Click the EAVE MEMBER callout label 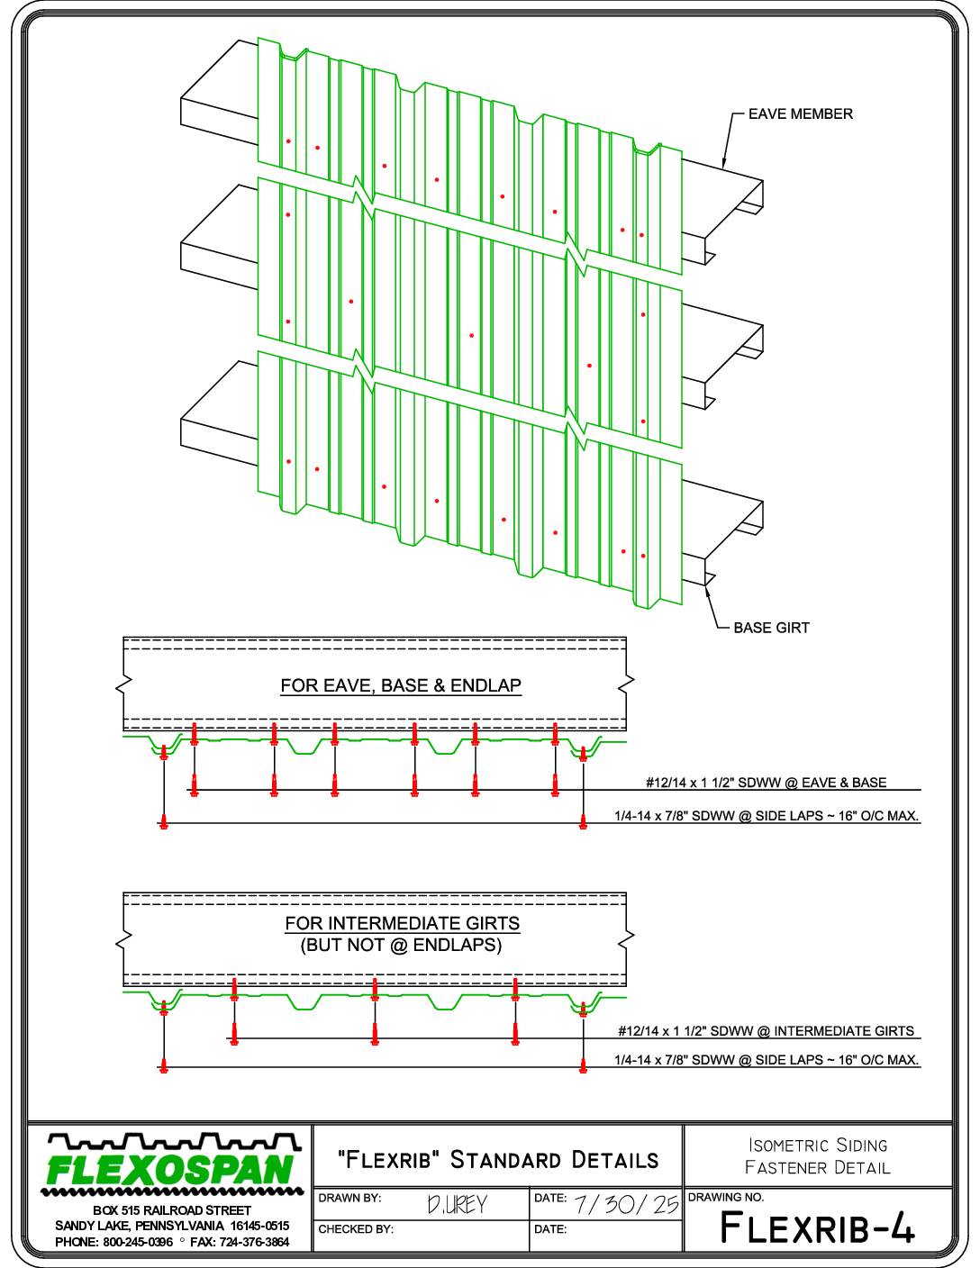coord(800,113)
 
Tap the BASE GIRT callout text coord(772,628)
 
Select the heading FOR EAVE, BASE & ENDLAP coord(401,685)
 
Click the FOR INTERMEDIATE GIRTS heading coord(402,923)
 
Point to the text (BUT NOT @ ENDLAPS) coord(401,945)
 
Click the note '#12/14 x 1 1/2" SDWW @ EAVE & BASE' coord(766,783)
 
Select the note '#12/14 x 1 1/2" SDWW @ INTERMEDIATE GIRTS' coord(766,1031)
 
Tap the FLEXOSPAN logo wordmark coord(169,1171)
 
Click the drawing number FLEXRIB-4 coord(818,1227)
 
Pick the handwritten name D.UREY coord(457,1204)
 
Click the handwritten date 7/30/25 coord(626,1204)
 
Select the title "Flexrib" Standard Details coord(498,1159)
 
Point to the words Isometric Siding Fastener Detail coord(818,1156)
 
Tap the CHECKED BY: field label coord(356,1229)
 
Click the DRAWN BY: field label coord(349,1198)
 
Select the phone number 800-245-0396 coord(138,1242)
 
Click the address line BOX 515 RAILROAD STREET coord(172,1211)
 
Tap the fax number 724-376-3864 coord(254,1242)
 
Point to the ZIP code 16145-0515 coord(259,1226)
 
